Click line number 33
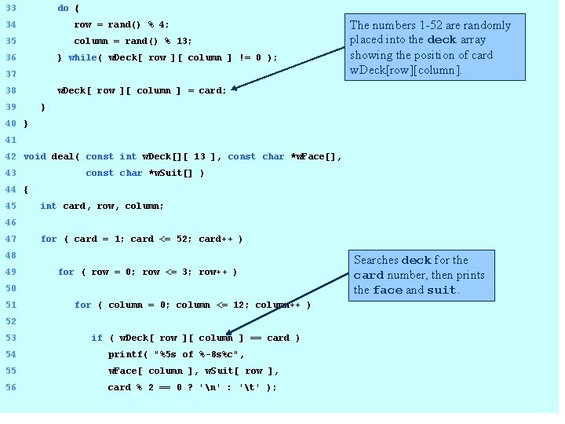tap(11, 9)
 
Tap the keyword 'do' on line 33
tap(63, 9)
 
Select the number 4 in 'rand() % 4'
tap(166, 25)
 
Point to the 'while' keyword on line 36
tap(82, 58)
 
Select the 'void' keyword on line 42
tap(35, 157)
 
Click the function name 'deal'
tap(63, 157)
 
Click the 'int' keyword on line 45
tap(49, 207)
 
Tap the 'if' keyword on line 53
tap(97, 338)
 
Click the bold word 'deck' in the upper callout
tap(441, 40)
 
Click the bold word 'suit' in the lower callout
tap(442, 291)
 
